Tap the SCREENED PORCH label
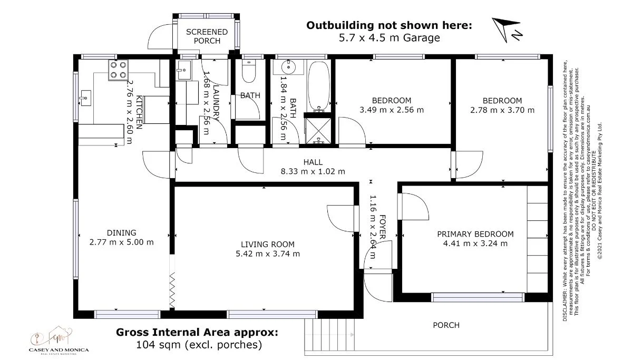tap(207, 36)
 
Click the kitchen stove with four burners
tap(118, 70)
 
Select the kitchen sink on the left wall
tap(85, 98)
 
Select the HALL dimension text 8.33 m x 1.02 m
tap(313, 171)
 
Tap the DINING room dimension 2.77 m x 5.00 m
tap(122, 242)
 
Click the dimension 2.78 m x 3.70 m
tap(502, 110)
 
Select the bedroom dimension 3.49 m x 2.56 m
tap(391, 110)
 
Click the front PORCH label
tap(445, 325)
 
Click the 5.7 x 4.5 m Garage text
tap(389, 37)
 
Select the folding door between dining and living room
tap(171, 289)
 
